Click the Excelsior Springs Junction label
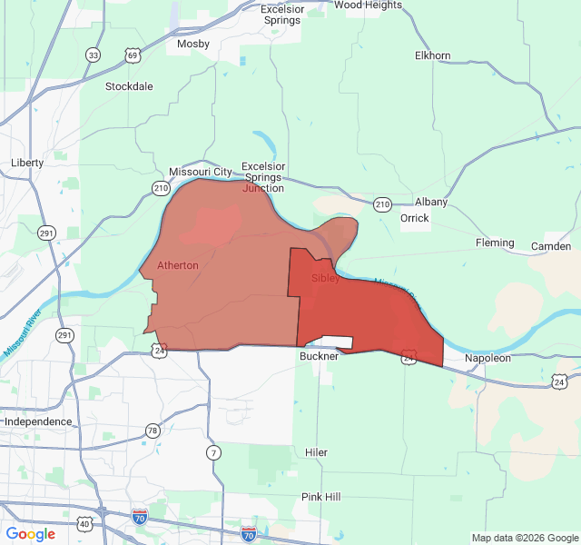coord(263,177)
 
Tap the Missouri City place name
coord(201,172)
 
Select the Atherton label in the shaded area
coord(178,265)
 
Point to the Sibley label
coord(325,278)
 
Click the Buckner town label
coord(319,356)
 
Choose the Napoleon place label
coord(488,358)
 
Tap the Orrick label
coord(415,218)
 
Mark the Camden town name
coord(551,246)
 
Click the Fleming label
coord(495,243)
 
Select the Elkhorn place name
coord(432,55)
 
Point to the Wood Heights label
coord(368,5)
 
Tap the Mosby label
coord(193,44)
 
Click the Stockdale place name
coord(129,86)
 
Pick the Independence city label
coord(38,421)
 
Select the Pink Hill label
coord(321,497)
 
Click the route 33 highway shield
coord(94,55)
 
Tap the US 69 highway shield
coord(133,55)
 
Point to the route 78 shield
coord(153,431)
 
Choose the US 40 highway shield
coord(84,524)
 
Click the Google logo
coord(31,534)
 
